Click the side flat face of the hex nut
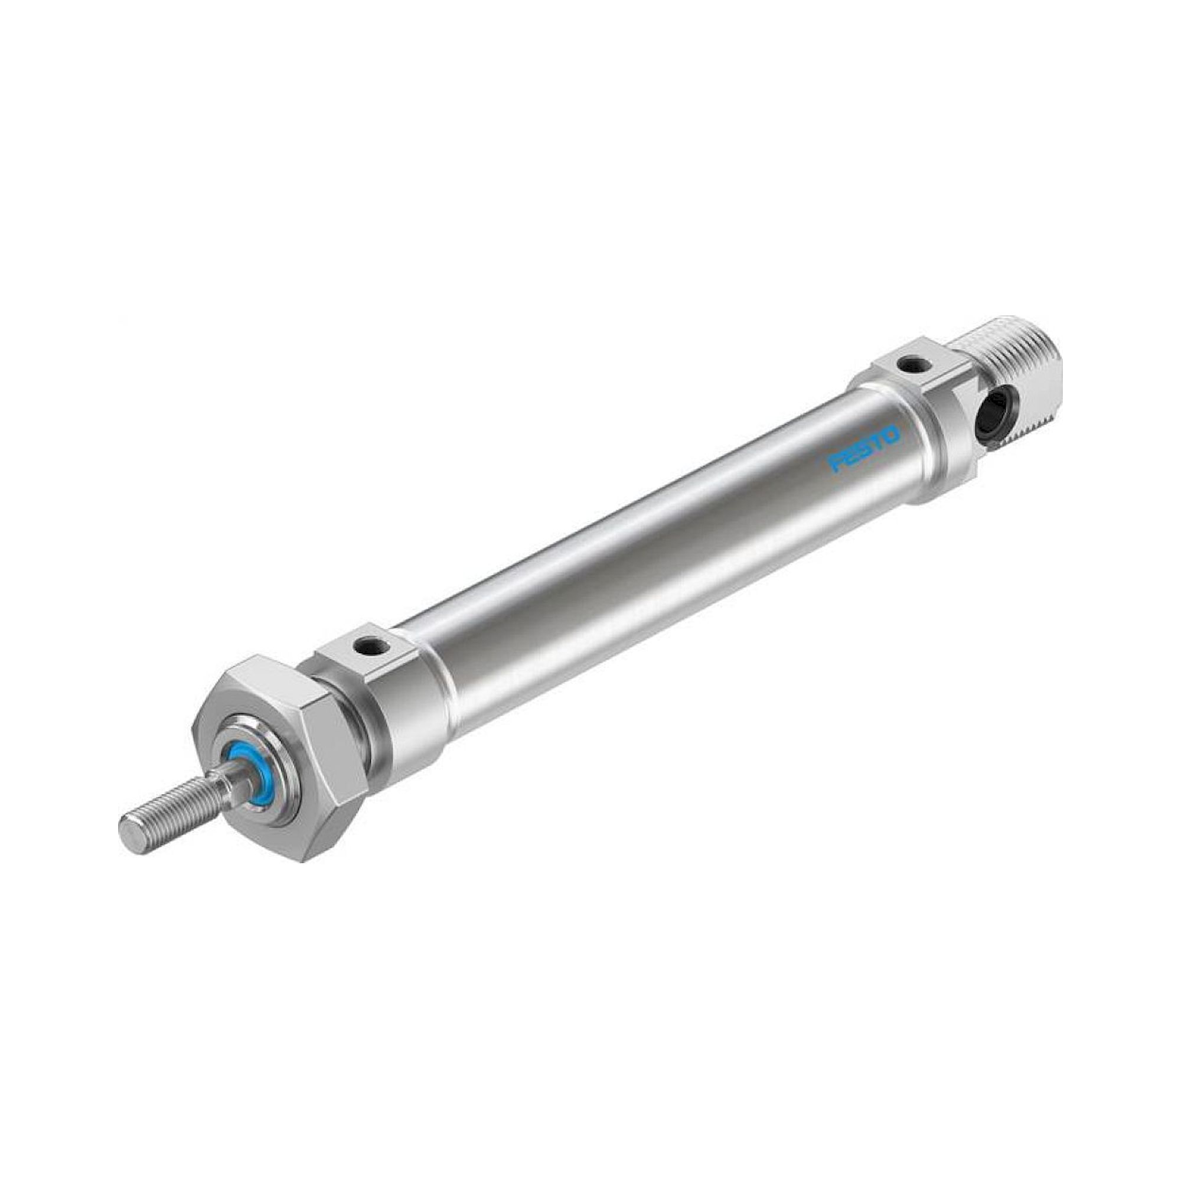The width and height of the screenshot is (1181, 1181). (x=333, y=770)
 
